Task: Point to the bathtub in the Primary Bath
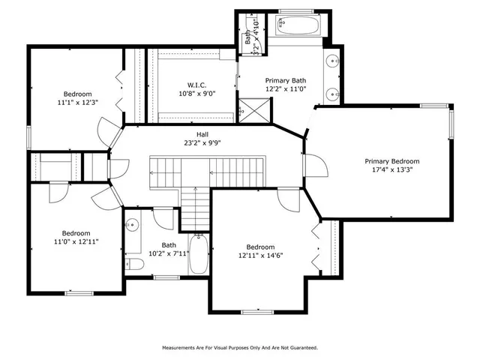pyautogui.click(x=299, y=25)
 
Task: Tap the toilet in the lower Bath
pyautogui.click(x=135, y=263)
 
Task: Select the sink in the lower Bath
pyautogui.click(x=132, y=224)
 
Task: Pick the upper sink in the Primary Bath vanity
pyautogui.click(x=332, y=61)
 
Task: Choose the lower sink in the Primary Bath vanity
pyautogui.click(x=332, y=94)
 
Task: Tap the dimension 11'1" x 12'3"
pyautogui.click(x=77, y=102)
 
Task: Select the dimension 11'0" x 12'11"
pyautogui.click(x=76, y=241)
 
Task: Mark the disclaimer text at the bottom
pyautogui.click(x=240, y=347)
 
